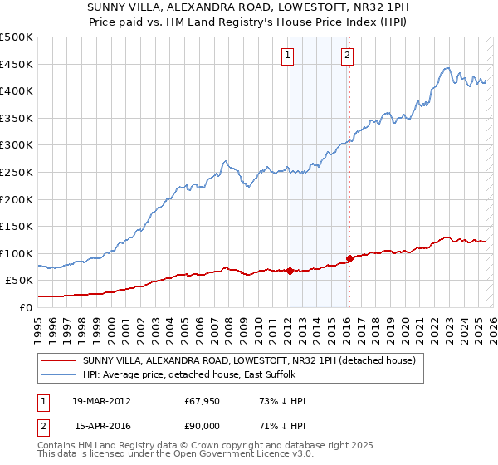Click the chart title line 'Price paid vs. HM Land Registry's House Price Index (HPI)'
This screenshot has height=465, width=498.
pos(249,23)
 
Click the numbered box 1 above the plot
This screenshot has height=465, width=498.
pos(287,56)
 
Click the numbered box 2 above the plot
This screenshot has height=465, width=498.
pos(347,56)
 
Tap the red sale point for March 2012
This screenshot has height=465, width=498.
pos(290,270)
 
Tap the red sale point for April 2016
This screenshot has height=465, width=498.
pos(349,258)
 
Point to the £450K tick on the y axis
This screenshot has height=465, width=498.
pos(17,64)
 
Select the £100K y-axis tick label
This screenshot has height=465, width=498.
pos(17,253)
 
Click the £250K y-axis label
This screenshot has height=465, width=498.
pos(17,172)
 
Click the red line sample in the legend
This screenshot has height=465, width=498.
pos(58,360)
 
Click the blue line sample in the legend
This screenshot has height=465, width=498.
pos(58,374)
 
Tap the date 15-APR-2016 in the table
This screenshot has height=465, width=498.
pos(101,426)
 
